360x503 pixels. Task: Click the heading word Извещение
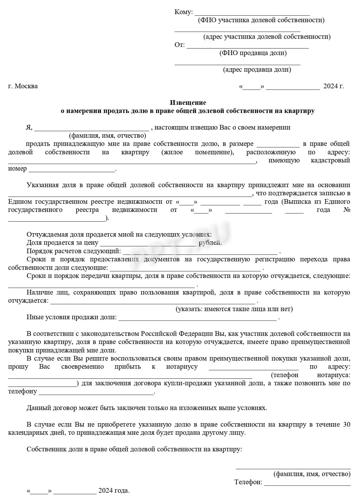pos(188,103)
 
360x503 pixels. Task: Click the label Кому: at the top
pos(183,12)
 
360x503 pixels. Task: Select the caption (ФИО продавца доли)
pos(253,53)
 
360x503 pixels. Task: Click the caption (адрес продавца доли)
pos(257,69)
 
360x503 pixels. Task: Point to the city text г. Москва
pos(23,86)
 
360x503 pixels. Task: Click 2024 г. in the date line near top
pos(333,86)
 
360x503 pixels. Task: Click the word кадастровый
pos(330,161)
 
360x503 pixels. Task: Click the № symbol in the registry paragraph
pos(347,210)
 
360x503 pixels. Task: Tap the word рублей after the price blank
pos(210,243)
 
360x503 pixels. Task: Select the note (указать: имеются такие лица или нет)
pos(234,309)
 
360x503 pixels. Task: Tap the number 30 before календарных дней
pos(347,424)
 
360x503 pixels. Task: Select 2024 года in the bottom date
pos(114,490)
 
